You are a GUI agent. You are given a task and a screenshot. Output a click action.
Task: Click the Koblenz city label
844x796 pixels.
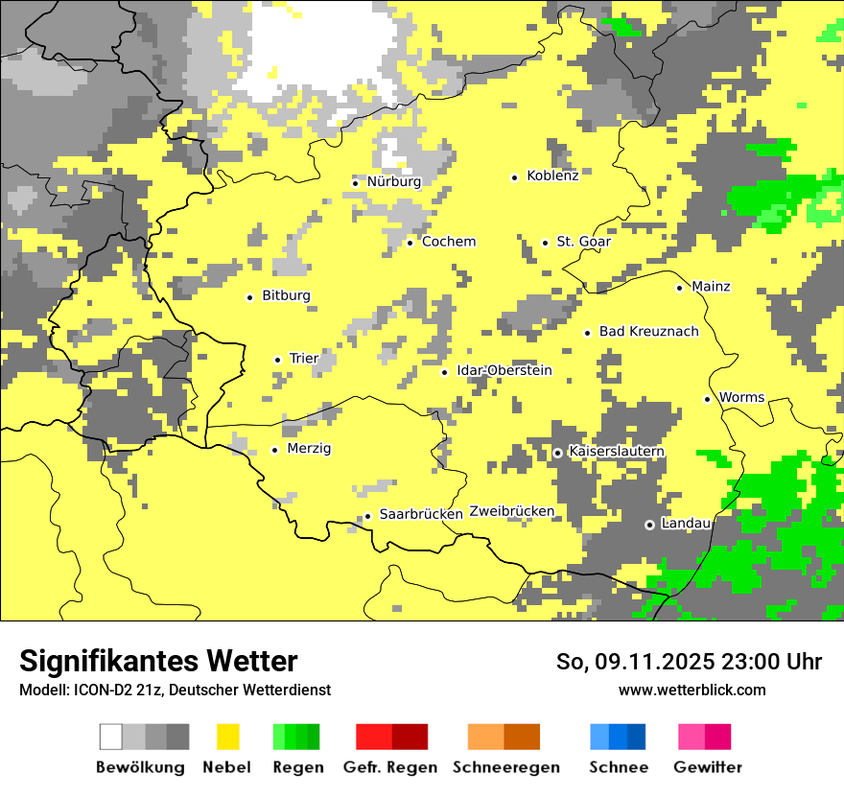click(x=552, y=176)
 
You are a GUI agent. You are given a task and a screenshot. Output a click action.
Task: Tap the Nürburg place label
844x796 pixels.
click(x=393, y=181)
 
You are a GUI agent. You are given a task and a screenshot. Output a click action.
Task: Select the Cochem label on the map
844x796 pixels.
click(x=448, y=242)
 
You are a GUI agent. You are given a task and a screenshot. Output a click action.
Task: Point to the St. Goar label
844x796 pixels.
click(x=583, y=242)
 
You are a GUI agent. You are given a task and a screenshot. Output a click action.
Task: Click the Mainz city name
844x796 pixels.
click(x=711, y=287)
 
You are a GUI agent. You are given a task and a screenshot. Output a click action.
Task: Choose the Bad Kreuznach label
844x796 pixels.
click(x=648, y=332)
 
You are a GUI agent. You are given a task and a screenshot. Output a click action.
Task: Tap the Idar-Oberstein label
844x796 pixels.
click(x=504, y=371)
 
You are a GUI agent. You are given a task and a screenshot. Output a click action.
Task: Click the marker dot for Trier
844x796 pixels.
click(x=278, y=360)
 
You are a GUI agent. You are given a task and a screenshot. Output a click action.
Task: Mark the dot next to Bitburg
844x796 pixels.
click(x=250, y=297)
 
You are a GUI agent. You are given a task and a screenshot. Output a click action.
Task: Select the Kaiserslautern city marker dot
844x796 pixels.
click(x=558, y=453)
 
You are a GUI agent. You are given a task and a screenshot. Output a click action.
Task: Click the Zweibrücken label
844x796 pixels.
click(x=511, y=511)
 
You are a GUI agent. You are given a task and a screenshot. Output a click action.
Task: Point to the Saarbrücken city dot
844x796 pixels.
click(x=367, y=516)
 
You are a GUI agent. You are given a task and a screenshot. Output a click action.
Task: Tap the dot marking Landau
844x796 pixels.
click(x=650, y=525)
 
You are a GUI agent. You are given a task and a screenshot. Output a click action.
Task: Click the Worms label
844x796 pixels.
click(x=741, y=397)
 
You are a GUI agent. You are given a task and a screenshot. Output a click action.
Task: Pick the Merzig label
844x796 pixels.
click(x=309, y=449)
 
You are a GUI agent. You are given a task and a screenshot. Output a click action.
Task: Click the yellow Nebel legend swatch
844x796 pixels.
click(x=227, y=737)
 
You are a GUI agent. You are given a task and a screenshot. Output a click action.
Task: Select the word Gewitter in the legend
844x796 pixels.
click(x=707, y=767)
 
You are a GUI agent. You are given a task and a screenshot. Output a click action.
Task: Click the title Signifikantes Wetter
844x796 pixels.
click(x=158, y=661)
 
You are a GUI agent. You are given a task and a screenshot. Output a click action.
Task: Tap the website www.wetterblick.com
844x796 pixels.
click(x=692, y=690)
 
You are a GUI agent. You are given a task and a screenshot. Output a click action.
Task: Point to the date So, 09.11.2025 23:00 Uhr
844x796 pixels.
click(x=689, y=662)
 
